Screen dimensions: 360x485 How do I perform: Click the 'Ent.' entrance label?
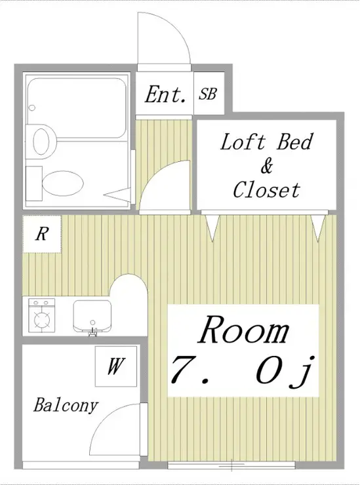tap(165, 94)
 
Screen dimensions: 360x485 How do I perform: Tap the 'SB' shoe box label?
tap(208, 94)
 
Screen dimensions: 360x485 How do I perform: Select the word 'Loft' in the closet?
tap(243, 142)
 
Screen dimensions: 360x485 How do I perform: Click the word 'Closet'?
tap(266, 189)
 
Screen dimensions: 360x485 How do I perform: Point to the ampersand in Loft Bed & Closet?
tap(266, 166)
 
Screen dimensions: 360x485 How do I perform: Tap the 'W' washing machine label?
tap(116, 366)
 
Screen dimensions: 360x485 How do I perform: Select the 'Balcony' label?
tap(66, 405)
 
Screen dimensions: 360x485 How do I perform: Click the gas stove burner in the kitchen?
tap(42, 319)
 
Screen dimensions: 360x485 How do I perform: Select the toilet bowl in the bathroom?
tap(63, 183)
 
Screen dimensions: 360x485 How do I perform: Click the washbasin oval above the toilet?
tap(41, 142)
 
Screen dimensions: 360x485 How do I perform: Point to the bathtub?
tap(77, 107)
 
